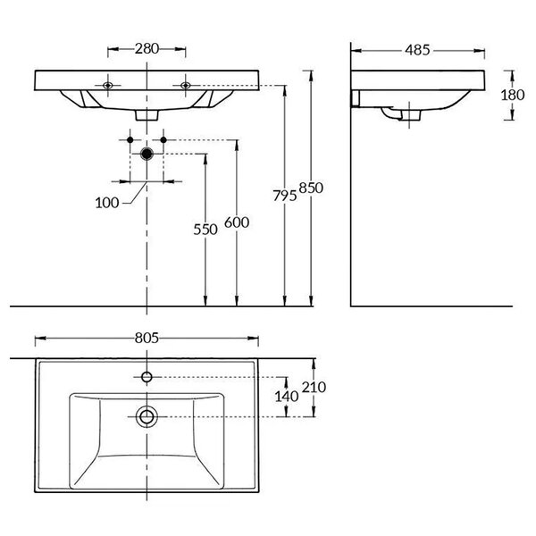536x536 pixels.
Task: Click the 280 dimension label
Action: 147,48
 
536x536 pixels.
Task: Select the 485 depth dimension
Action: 417,50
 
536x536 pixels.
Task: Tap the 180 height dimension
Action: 513,95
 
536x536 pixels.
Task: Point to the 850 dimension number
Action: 311,188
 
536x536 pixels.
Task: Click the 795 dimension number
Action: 285,196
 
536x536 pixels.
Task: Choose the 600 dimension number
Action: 237,222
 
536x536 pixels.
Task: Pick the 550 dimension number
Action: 205,230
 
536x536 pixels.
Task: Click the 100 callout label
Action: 107,203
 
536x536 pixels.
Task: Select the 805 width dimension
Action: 147,338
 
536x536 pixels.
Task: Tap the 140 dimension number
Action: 287,397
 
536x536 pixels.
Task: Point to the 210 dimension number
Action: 314,388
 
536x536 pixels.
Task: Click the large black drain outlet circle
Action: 147,154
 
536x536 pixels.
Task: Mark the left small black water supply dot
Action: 130,140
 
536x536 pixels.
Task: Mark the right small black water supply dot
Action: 163,140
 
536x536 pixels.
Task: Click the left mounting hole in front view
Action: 108,85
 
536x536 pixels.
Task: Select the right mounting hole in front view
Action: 185,85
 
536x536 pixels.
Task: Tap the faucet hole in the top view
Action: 147,377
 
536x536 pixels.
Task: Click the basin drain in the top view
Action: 147,416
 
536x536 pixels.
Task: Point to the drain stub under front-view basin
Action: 147,115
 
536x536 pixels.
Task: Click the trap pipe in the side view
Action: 392,113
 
